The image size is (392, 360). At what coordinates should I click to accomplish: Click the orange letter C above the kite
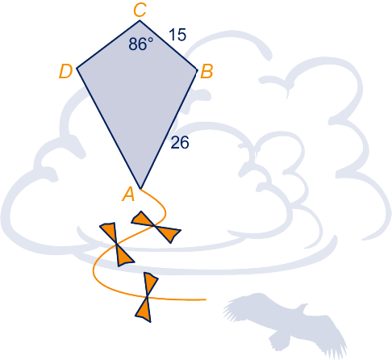[x=140, y=10]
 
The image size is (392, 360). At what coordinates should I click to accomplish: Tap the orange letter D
[x=66, y=72]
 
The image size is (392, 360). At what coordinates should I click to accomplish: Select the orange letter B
[x=207, y=72]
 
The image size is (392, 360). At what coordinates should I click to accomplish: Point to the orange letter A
[x=128, y=195]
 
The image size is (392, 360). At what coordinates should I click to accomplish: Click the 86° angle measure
[x=141, y=44]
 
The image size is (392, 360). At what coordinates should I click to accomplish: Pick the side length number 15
[x=177, y=35]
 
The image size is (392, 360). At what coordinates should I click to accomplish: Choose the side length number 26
[x=180, y=142]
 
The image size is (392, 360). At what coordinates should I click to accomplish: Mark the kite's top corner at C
[x=140, y=20]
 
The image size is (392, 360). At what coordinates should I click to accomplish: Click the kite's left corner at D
[x=77, y=69]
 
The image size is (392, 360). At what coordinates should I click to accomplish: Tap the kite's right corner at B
[x=198, y=70]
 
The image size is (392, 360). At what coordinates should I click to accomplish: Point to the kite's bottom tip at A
[x=140, y=189]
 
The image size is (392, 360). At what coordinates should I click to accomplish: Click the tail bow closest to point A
[x=156, y=227]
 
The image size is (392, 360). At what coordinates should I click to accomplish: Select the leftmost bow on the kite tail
[x=117, y=245]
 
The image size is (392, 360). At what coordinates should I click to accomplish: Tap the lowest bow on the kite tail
[x=147, y=297]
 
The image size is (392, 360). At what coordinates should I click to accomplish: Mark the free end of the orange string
[x=206, y=299]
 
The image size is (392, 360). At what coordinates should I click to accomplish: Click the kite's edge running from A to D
[x=109, y=128]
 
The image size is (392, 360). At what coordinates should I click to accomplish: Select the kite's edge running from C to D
[x=108, y=44]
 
